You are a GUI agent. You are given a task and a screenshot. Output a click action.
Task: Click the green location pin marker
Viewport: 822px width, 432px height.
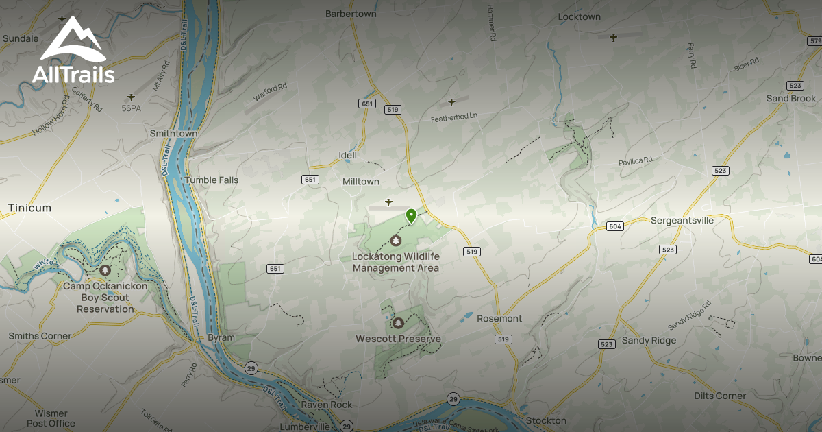(411, 217)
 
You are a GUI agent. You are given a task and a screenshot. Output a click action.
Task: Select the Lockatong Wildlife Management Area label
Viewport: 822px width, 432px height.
(395, 262)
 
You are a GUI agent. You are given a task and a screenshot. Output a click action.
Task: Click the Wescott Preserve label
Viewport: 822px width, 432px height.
(398, 339)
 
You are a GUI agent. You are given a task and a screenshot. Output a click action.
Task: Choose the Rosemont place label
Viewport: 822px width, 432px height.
(499, 319)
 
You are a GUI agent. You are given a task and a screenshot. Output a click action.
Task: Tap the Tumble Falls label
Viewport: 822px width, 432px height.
(211, 180)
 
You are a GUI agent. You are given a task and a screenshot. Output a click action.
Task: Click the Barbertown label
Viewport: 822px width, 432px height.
(351, 14)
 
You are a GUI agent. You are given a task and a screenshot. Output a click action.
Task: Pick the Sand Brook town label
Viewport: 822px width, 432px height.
(791, 99)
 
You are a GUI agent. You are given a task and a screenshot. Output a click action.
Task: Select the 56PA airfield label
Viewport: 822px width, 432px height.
(131, 108)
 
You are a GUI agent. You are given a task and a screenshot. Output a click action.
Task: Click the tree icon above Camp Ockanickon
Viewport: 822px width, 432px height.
(105, 271)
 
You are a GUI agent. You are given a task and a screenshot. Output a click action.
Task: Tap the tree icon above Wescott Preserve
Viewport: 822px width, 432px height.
(398, 322)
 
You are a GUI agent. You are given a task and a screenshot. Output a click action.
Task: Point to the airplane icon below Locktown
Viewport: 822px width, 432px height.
(613, 38)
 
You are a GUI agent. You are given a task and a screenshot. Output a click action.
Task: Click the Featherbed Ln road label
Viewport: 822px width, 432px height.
(453, 117)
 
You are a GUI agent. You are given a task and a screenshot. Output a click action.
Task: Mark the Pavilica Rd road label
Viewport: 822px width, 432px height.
(635, 160)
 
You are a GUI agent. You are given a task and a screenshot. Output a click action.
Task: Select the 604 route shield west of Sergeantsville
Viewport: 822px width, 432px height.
(614, 226)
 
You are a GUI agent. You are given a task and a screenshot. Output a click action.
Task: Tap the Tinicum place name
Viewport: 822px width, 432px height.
(29, 208)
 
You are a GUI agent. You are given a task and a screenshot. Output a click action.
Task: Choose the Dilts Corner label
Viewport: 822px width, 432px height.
(719, 396)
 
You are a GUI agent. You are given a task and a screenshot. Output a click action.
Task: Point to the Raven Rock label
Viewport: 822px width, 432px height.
(326, 405)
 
